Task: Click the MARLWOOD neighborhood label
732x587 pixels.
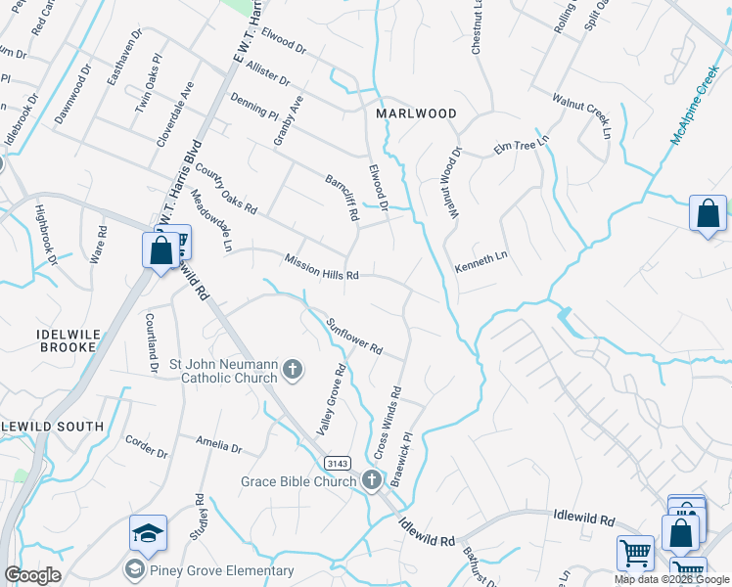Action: [x=417, y=113]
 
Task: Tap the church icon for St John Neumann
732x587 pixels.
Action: [x=292, y=371]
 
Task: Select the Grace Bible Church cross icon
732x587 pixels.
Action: [x=371, y=479]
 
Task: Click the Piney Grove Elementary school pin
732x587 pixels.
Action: [x=133, y=567]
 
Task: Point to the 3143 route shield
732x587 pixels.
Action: [x=338, y=462]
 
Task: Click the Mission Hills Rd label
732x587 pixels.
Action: [x=322, y=267]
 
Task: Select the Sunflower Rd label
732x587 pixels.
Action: [x=353, y=336]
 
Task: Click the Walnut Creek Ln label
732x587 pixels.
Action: [x=587, y=115]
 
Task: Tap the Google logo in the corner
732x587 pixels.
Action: [x=32, y=574]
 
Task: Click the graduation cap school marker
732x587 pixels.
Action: [x=148, y=533]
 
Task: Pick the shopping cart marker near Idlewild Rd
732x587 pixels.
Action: [x=635, y=553]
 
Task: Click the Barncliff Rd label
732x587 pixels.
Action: [x=341, y=198]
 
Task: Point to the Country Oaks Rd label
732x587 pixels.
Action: [x=225, y=189]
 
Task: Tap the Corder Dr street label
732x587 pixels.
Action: [x=146, y=446]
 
